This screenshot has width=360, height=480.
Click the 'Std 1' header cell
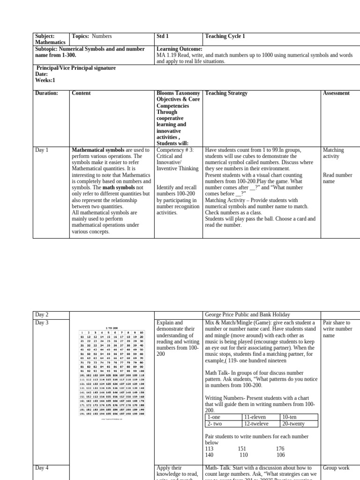coord(163,36)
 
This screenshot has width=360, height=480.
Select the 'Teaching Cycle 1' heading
coord(225,36)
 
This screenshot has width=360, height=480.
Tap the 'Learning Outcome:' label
coord(180,49)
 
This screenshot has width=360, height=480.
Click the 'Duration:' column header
coord(46,93)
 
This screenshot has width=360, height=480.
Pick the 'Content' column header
coord(81,93)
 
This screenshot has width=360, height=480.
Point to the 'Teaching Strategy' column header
coord(226,93)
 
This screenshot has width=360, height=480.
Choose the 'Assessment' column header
coord(336,93)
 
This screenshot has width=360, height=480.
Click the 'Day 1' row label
coord(43,150)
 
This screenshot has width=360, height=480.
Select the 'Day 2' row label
coord(43,315)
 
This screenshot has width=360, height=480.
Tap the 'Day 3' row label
coord(43,323)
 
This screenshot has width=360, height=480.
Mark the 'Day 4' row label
coord(43,468)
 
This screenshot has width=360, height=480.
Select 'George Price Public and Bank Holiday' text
coord(247,315)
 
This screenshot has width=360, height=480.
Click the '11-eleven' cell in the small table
coord(255,417)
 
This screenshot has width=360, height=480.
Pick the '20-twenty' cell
coord(293,423)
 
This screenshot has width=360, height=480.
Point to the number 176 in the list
coord(281,449)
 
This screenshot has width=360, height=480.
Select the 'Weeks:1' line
coord(45,81)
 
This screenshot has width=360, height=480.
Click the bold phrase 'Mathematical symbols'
coord(98,150)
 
